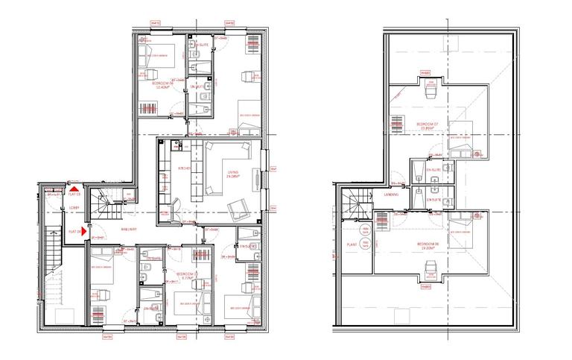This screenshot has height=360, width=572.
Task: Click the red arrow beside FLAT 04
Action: coord(84,233)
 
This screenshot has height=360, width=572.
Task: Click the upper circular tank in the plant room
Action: coord(366,233)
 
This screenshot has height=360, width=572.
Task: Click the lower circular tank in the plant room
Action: coord(366,251)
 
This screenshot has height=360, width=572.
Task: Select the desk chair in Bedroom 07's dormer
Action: coord(428,93)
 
